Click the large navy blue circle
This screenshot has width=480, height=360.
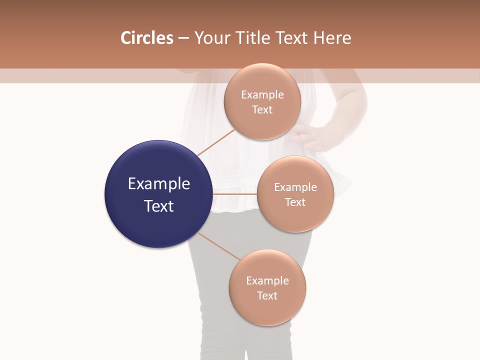(158, 194)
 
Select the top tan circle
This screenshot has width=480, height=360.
(262, 101)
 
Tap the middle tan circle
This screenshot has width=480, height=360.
(295, 194)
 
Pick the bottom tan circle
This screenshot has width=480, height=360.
(267, 287)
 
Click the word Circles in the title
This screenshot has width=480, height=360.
(146, 38)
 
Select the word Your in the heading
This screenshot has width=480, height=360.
(211, 38)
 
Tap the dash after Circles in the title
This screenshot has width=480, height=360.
(183, 38)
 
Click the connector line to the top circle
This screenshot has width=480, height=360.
(216, 142)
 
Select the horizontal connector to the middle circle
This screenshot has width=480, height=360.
(234, 193)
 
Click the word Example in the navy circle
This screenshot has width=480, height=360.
(158, 184)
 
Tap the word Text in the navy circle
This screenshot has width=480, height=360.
(158, 206)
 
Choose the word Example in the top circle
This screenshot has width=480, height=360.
(262, 94)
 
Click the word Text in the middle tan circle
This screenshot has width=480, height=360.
(295, 202)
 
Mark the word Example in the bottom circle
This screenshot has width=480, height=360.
(267, 280)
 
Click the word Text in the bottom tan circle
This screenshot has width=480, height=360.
(267, 295)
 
